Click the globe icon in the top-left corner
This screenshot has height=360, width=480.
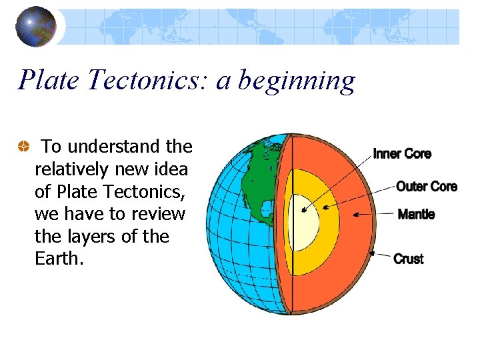click(x=36, y=27)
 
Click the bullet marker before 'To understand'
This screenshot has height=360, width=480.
click(x=23, y=147)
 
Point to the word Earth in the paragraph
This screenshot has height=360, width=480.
click(x=59, y=259)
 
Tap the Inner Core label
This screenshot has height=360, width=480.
click(x=402, y=154)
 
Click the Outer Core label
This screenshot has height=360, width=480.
click(x=427, y=186)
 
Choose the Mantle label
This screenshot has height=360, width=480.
click(x=416, y=214)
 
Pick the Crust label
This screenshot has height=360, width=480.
click(x=409, y=259)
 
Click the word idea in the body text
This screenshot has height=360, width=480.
click(x=172, y=169)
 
